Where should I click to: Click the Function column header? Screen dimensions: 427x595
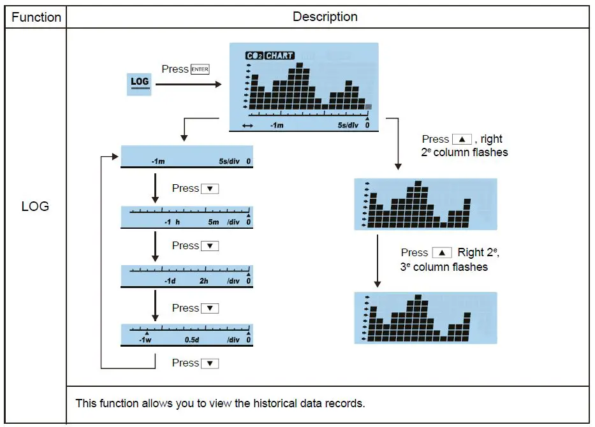point(36,17)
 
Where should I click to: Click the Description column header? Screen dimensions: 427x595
point(325,17)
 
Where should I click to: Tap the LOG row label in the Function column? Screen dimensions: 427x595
point(35,206)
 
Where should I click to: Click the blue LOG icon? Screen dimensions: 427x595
point(139,83)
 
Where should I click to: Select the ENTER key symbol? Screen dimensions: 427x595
point(200,69)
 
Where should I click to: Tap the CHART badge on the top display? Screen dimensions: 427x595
point(279,56)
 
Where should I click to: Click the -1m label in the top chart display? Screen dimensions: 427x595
point(276,126)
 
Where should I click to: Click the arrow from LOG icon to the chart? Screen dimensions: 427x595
point(188,83)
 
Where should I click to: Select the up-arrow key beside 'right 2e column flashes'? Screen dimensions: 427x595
point(462,140)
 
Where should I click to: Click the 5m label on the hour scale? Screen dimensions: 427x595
point(213,222)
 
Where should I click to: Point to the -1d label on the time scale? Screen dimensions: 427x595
point(170,281)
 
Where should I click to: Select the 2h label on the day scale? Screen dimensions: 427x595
point(204,281)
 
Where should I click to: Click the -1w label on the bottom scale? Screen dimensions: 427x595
point(145,340)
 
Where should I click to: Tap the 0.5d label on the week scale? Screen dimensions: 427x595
point(192,340)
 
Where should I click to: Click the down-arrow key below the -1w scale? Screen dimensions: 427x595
point(210,364)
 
